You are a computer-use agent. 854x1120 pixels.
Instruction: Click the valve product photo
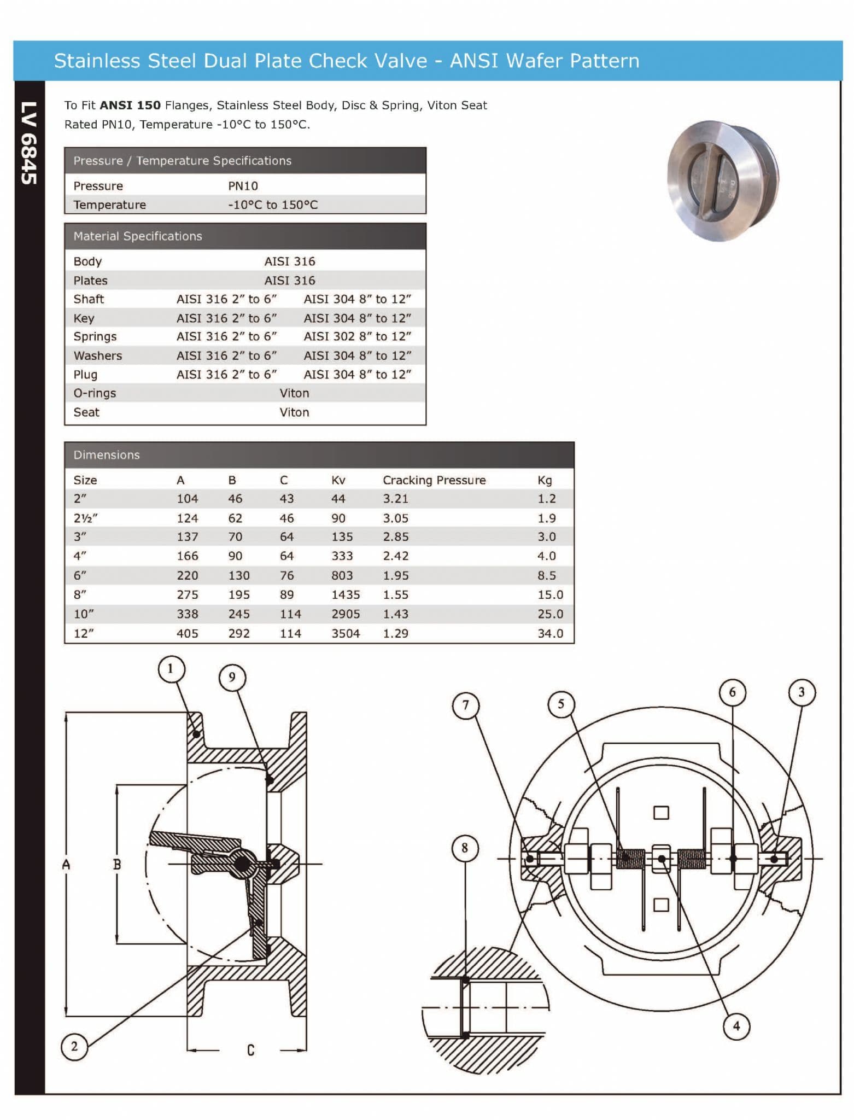[x=723, y=181]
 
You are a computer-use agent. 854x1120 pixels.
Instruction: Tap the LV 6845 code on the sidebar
[x=29, y=143]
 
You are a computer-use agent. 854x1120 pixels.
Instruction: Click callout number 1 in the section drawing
[x=171, y=668]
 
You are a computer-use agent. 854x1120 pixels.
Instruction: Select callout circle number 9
[x=232, y=678]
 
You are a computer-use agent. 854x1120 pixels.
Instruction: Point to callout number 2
[x=74, y=1047]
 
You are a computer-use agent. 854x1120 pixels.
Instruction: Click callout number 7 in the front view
[x=466, y=705]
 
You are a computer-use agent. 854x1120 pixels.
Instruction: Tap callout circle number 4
[x=736, y=1026]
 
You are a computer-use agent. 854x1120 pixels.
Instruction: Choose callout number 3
[x=802, y=692]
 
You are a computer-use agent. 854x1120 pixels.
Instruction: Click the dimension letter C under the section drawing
[x=250, y=1050]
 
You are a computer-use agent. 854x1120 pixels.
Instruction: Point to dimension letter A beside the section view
[x=66, y=865]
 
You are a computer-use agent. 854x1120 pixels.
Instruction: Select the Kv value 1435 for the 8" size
[x=345, y=594]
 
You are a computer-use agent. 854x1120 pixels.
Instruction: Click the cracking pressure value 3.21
[x=395, y=499]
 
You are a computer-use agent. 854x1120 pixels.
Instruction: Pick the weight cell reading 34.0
[x=549, y=633]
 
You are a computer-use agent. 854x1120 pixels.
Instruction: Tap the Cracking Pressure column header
[x=434, y=480]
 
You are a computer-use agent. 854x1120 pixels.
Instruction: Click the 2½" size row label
[x=85, y=518]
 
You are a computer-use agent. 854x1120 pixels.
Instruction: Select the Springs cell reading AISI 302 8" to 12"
[x=357, y=336]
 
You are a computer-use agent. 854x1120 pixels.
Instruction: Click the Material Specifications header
[x=138, y=236]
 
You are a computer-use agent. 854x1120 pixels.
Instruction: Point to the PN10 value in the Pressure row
[x=243, y=186]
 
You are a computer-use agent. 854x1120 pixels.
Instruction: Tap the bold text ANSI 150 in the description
[x=130, y=106]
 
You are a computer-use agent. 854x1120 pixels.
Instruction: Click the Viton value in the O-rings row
[x=294, y=393]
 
